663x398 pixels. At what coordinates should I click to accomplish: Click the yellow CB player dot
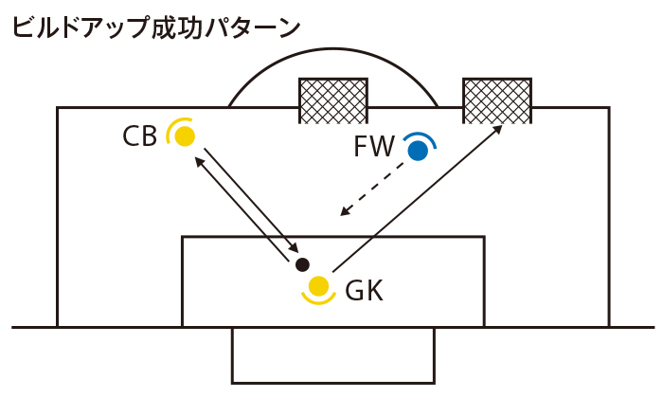click(x=185, y=136)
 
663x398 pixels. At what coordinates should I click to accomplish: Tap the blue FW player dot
click(x=416, y=149)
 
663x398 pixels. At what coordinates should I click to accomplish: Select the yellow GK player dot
click(x=318, y=284)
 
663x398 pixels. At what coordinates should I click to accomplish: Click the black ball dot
click(x=302, y=264)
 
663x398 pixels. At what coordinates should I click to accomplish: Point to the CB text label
click(x=140, y=138)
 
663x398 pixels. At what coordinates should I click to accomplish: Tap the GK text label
click(x=365, y=291)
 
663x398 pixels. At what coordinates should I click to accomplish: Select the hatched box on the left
click(x=333, y=100)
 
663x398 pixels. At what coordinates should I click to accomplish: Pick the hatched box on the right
click(x=496, y=100)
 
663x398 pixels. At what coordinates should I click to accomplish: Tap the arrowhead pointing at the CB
click(x=199, y=161)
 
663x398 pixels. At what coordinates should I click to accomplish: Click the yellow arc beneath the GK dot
click(x=318, y=299)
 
